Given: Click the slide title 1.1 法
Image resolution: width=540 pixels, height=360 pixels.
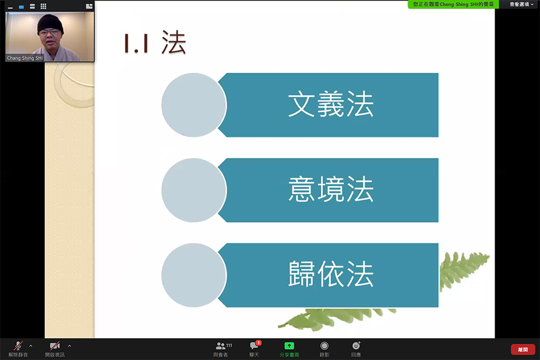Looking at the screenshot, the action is (155, 43).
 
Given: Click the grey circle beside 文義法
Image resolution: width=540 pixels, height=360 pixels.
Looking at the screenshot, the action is (193, 105).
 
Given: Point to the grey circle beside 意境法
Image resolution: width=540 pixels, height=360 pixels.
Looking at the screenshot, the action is (193, 190).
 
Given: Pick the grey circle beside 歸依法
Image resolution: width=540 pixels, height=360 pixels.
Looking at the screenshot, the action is (193, 275).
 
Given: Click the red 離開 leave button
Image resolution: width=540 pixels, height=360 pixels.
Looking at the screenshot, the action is (523, 349).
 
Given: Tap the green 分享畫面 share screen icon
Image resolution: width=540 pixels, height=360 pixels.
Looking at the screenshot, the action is (289, 345).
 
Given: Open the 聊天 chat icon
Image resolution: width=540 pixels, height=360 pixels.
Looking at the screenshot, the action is (254, 345).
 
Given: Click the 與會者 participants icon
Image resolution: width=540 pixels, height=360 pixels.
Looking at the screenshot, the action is (220, 345).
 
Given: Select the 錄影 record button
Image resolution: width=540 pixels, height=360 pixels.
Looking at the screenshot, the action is (324, 345).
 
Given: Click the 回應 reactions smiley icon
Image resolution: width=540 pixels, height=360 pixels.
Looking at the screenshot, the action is (356, 345).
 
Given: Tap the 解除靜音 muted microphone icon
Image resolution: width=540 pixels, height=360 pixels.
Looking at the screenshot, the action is (18, 345).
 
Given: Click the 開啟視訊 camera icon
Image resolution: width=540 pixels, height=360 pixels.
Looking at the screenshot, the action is (55, 345).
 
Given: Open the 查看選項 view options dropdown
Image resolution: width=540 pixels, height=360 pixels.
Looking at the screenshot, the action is (521, 4).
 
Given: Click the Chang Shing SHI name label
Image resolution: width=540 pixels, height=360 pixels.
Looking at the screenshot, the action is (25, 58).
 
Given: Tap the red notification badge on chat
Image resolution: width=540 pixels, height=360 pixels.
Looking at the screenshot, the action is (259, 343).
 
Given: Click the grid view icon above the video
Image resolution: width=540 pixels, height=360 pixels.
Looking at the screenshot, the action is (43, 6).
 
